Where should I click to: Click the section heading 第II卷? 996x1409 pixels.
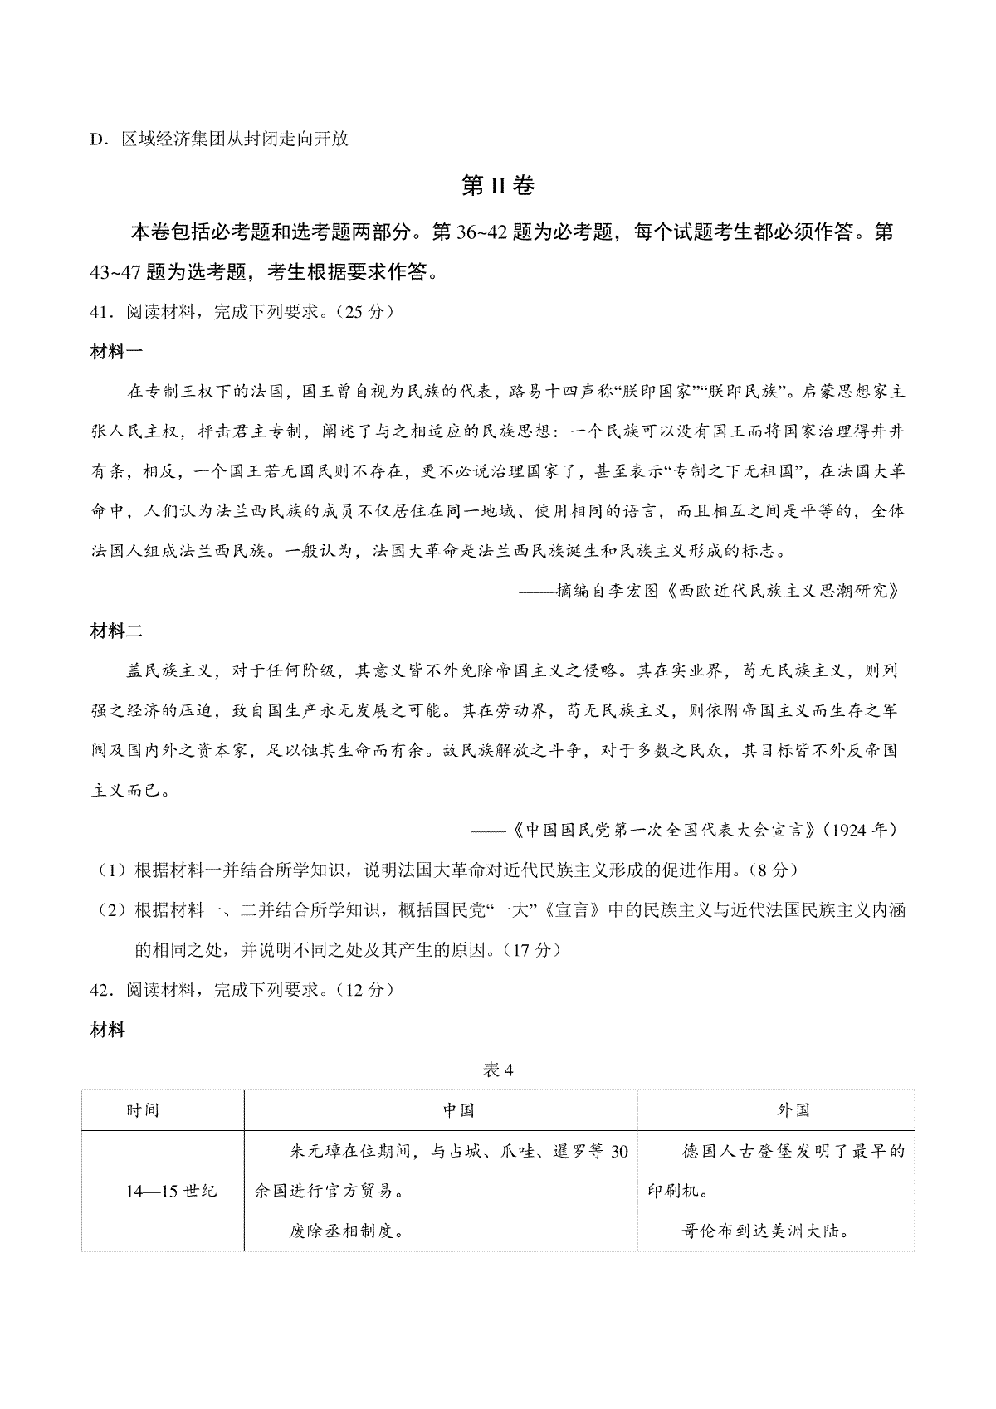[x=497, y=187]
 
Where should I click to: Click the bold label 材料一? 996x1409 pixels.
[x=116, y=351]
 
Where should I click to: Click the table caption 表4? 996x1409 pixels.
[x=498, y=1070]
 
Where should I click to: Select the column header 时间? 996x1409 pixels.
[x=143, y=1110]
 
